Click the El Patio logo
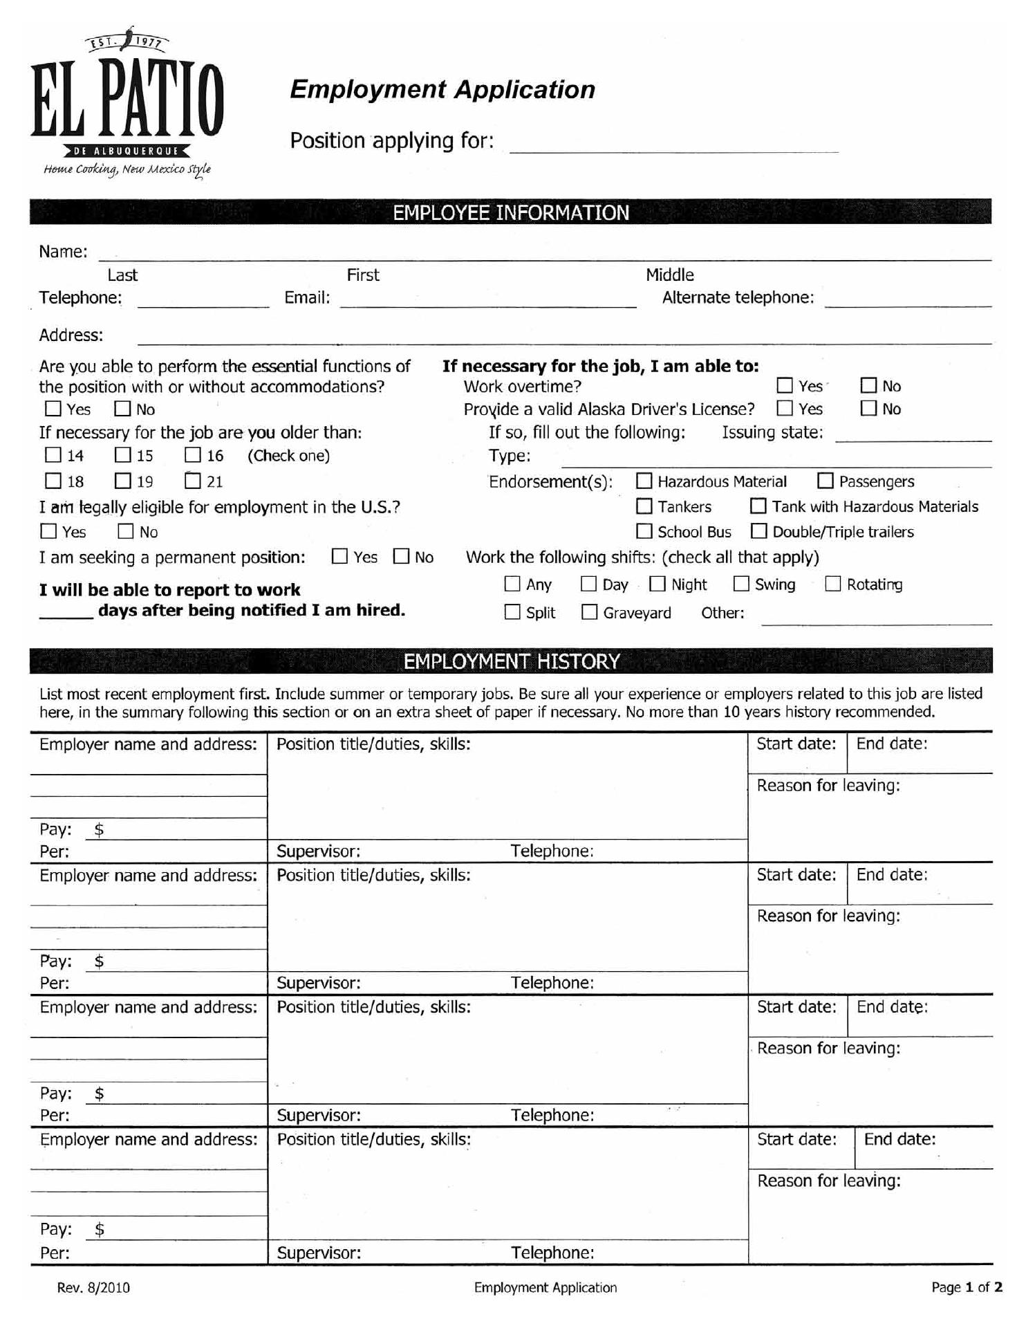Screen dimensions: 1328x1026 coord(127,104)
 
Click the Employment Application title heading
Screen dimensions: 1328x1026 coord(442,90)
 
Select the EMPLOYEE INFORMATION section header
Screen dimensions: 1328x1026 coord(511,212)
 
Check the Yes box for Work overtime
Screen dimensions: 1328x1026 coord(785,385)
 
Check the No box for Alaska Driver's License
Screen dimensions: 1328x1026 coord(868,408)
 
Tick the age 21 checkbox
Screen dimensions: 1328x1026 coord(194,481)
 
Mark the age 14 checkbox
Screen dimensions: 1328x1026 coord(53,455)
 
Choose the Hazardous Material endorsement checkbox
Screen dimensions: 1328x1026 coord(644,481)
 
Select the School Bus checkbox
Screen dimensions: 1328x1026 coord(644,531)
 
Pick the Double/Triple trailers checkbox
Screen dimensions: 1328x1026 coord(759,531)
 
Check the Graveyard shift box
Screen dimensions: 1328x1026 coord(589,612)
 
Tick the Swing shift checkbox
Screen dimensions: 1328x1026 coord(741,584)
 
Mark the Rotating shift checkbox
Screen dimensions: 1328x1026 coord(833,584)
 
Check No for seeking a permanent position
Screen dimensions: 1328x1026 coord(401,556)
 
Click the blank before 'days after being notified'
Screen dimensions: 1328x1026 coord(66,611)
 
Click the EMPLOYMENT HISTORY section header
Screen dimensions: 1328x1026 coord(511,661)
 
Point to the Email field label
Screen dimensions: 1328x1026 coord(307,297)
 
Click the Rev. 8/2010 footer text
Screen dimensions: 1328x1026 coord(93,1287)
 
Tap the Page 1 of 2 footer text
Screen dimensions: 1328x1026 coord(967,1287)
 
